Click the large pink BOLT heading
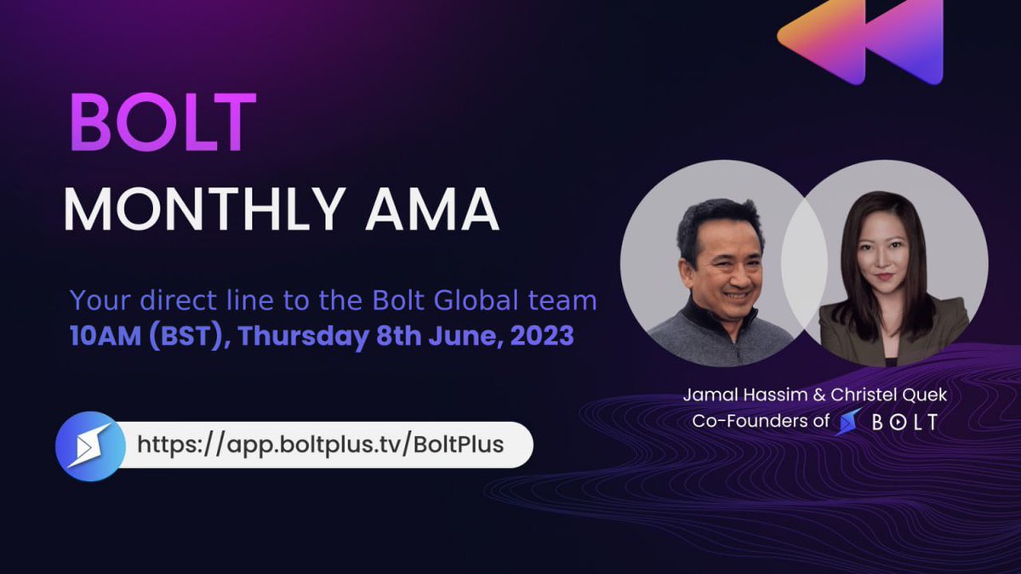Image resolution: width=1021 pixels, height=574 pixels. pyautogui.click(x=163, y=123)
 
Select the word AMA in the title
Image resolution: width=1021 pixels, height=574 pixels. pyautogui.click(x=431, y=209)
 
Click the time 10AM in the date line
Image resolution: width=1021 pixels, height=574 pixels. pyautogui.click(x=105, y=335)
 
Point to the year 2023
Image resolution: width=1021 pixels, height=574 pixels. pyautogui.click(x=544, y=335)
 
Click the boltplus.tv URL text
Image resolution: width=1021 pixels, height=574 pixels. pyautogui.click(x=321, y=444)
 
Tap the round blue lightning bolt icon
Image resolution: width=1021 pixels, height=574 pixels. pyautogui.click(x=84, y=446)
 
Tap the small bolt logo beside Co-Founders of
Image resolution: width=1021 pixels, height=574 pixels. pyautogui.click(x=849, y=421)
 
